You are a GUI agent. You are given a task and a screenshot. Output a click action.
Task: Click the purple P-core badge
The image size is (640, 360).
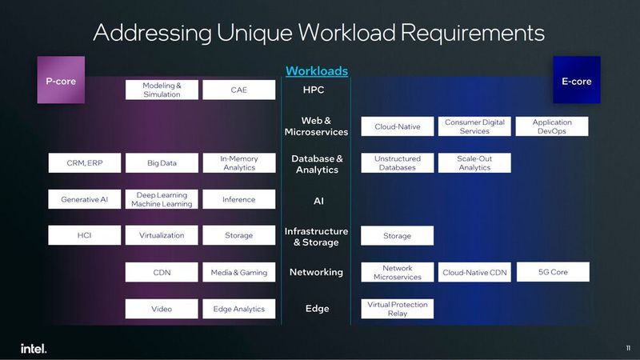61,81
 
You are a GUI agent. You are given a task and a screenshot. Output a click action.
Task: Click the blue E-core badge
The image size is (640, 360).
577,81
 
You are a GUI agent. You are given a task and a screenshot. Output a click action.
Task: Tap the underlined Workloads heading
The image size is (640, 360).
317,71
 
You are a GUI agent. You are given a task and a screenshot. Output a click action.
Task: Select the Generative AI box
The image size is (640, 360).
84,199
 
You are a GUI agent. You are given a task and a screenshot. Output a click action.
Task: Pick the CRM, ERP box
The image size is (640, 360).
84,163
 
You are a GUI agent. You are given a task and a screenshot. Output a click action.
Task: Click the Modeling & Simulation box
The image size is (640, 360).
162,90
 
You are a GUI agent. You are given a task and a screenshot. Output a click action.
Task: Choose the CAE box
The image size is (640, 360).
239,90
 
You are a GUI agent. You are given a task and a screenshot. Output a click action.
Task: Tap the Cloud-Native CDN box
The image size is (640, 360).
474,273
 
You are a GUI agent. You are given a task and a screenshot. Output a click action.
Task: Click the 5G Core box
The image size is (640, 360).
553,272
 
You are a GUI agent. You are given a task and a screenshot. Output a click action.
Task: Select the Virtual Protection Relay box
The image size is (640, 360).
397,309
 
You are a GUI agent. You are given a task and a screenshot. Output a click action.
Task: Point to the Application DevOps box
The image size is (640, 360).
553,126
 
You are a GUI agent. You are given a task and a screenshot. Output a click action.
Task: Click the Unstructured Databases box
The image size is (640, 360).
397,163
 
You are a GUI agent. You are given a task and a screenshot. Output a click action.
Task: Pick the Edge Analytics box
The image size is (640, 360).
239,309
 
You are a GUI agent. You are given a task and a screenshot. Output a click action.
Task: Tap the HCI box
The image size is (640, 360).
84,235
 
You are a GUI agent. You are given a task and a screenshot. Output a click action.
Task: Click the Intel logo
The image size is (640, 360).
34,348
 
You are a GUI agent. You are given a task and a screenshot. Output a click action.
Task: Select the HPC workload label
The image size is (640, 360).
314,90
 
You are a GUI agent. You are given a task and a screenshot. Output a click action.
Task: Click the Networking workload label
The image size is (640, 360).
316,272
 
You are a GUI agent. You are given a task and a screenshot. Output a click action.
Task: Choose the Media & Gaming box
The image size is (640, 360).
239,273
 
